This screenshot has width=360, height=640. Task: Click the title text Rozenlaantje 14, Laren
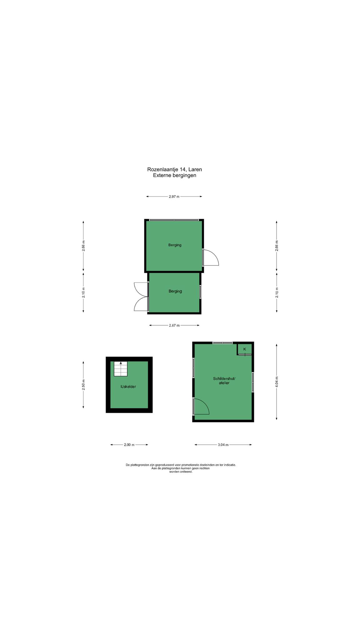click(174, 169)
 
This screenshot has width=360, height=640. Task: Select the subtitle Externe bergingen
click(174, 175)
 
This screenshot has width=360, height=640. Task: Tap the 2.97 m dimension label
click(174, 197)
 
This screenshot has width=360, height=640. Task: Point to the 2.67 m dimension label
click(174, 325)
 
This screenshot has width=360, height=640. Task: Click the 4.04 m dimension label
click(277, 382)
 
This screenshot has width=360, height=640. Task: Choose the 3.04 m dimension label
click(223, 445)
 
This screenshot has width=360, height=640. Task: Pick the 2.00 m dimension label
click(129, 445)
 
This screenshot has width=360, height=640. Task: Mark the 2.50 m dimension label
click(83, 385)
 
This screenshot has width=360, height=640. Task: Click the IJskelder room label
click(128, 387)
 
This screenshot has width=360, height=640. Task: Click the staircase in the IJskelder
click(121, 369)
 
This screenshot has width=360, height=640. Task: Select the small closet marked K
click(245, 349)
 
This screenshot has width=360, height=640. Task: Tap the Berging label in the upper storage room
click(175, 245)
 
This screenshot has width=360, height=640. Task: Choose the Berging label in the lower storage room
click(175, 291)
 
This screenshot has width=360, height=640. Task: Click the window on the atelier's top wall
click(222, 343)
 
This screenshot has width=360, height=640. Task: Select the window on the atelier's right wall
click(253, 382)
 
